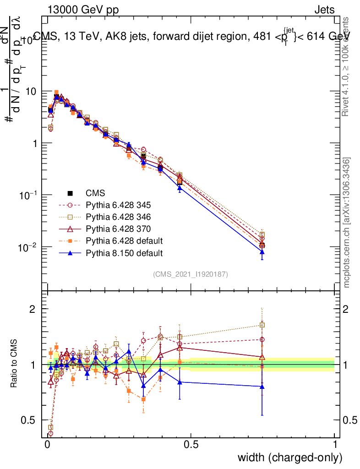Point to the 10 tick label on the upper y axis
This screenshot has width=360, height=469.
pyautogui.click(x=31, y=91)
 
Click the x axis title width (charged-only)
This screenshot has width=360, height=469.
pyautogui.click(x=290, y=458)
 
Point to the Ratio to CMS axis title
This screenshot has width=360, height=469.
pyautogui.click(x=15, y=365)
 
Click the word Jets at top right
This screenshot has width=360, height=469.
pyautogui.click(x=324, y=10)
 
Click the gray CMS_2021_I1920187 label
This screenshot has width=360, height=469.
pyautogui.click(x=191, y=274)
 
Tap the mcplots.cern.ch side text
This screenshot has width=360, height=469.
pyautogui.click(x=348, y=223)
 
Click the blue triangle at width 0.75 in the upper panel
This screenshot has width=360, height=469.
pyautogui.click(x=262, y=251)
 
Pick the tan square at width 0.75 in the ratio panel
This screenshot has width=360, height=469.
pyautogui.click(x=262, y=325)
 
